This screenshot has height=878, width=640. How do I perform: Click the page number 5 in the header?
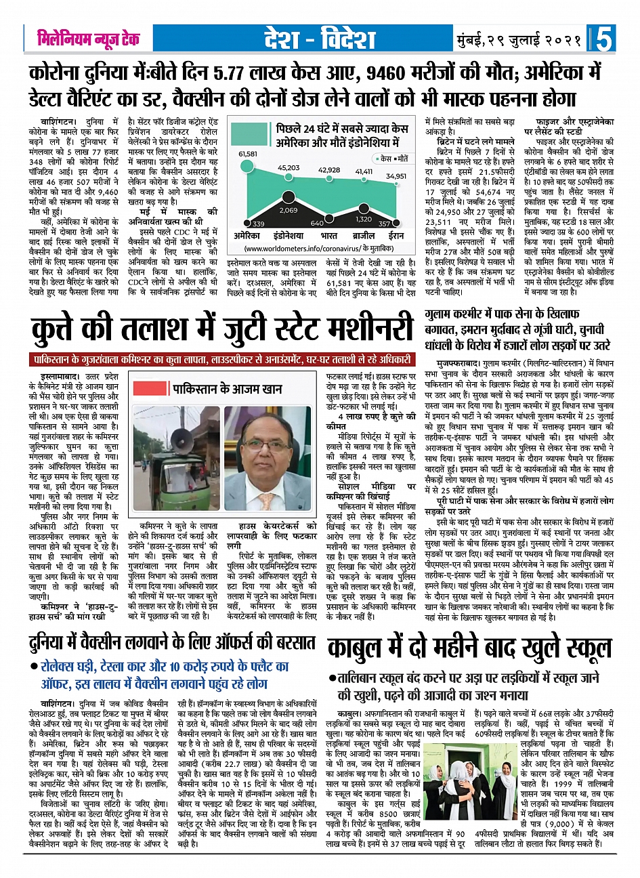tap(604, 39)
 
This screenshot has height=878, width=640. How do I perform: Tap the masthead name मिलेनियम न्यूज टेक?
tap(89, 38)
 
